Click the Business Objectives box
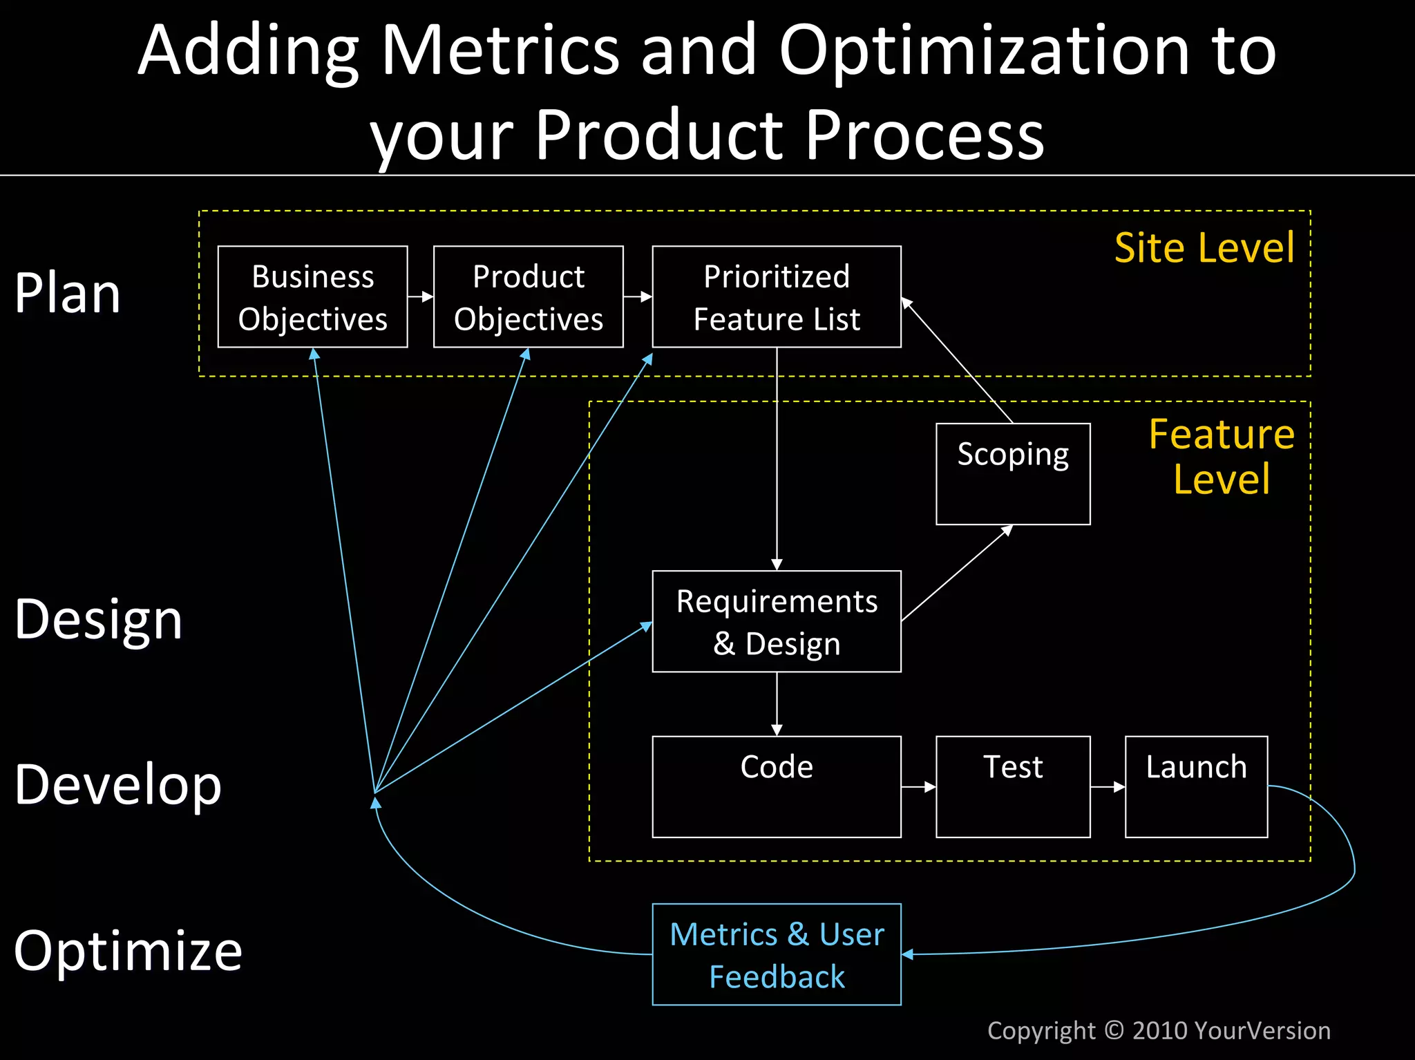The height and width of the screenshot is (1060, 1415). click(312, 297)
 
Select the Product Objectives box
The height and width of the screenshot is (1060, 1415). click(528, 297)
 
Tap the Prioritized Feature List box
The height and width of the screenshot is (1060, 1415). click(776, 297)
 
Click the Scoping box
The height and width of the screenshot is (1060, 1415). click(1012, 474)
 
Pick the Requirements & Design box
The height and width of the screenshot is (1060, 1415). click(776, 621)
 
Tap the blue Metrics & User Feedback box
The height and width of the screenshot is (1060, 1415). click(776, 954)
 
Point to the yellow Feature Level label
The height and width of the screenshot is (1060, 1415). click(1221, 456)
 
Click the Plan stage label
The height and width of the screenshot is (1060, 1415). click(68, 294)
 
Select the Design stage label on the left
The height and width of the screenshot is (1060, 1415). click(98, 619)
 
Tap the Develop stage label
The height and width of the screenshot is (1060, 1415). click(117, 785)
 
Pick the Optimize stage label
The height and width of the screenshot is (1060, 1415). click(128, 951)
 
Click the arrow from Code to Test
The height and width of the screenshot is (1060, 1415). click(918, 786)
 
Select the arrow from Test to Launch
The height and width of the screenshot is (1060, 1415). click(1108, 786)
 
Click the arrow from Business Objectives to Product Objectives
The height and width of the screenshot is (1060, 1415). click(420, 296)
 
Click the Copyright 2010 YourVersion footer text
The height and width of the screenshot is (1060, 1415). click(1159, 1030)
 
